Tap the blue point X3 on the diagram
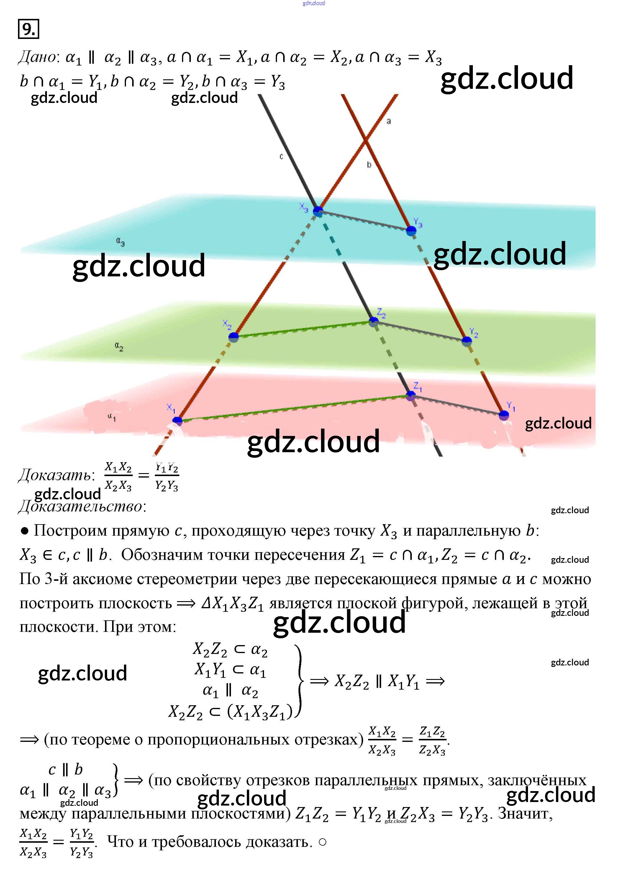pyautogui.click(x=318, y=211)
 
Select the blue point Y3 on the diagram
pyautogui.click(x=411, y=231)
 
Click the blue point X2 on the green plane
pyautogui.click(x=234, y=337)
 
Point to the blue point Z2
pyautogui.click(x=373, y=321)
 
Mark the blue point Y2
pyautogui.click(x=467, y=341)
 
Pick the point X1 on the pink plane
pyautogui.click(x=177, y=421)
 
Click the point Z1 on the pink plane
pyautogui.click(x=411, y=395)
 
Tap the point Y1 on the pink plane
pyautogui.click(x=504, y=415)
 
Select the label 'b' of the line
pyautogui.click(x=369, y=165)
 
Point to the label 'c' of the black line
pyautogui.click(x=281, y=157)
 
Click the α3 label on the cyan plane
pyautogui.click(x=120, y=242)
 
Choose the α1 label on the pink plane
pyautogui.click(x=112, y=417)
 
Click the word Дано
pyautogui.click(x=38, y=57)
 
